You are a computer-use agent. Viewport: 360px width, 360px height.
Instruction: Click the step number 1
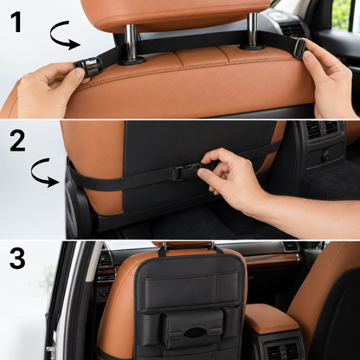click(16, 22)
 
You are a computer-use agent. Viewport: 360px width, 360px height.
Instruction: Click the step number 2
click(17, 140)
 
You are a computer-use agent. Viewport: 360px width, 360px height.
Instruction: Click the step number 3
click(17, 259)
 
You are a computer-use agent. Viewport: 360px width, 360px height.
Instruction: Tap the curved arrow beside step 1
click(64, 35)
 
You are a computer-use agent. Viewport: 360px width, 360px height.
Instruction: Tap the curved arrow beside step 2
click(44, 172)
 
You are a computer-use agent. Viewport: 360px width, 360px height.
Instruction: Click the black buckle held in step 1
click(88, 67)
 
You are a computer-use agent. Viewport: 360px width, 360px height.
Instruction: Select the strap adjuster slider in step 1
click(300, 48)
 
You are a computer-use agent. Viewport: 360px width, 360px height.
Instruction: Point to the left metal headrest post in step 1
click(131, 42)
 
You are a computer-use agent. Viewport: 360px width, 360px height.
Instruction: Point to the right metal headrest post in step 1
click(253, 29)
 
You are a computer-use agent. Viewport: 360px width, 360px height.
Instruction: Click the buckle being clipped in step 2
click(184, 172)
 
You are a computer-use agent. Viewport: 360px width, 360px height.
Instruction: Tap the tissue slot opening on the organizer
click(196, 332)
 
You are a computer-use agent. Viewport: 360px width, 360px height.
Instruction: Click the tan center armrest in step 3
click(270, 318)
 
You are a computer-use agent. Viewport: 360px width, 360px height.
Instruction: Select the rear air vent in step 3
click(283, 351)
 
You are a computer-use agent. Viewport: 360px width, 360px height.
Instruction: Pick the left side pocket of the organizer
click(150, 329)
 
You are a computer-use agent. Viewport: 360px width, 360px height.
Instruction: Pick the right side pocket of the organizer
click(232, 322)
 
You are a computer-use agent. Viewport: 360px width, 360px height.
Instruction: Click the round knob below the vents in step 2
click(326, 156)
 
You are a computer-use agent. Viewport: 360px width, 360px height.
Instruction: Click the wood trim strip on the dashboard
click(273, 259)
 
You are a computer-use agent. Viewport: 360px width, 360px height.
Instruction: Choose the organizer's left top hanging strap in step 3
click(163, 250)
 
